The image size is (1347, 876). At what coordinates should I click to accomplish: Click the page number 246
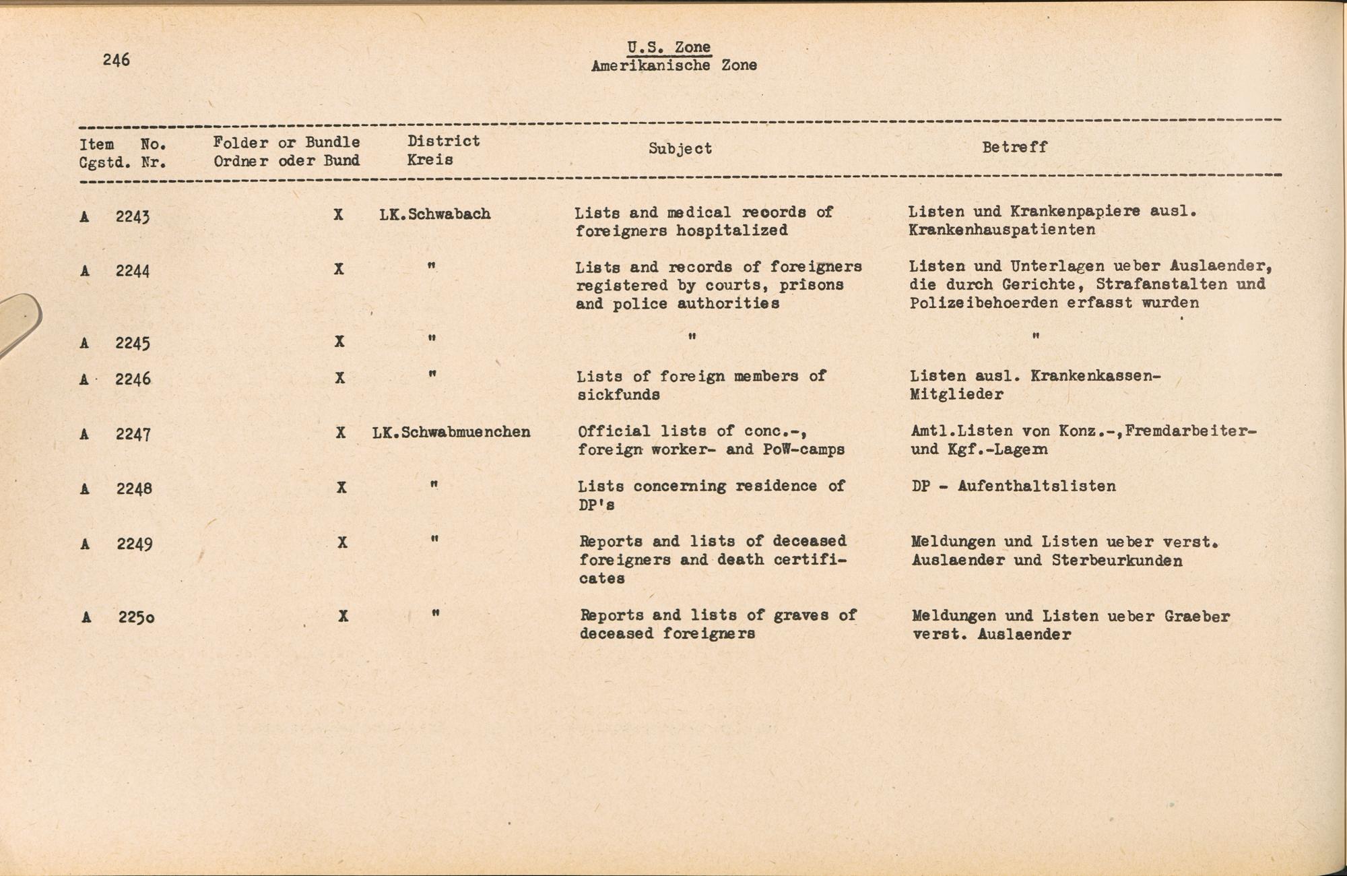(116, 60)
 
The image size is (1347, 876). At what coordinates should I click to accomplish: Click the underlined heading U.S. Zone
(669, 47)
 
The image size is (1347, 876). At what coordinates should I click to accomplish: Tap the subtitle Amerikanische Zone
(673, 65)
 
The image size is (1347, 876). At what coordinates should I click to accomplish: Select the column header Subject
(680, 148)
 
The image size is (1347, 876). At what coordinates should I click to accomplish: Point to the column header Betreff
(1014, 147)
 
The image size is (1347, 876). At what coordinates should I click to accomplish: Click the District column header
(443, 142)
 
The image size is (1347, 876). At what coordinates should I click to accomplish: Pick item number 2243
(132, 216)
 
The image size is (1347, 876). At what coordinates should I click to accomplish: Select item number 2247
(133, 434)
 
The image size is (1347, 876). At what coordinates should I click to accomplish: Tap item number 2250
(136, 617)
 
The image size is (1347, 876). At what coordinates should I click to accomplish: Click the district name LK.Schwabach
(434, 214)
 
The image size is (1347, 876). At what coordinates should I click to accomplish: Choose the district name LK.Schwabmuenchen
(451, 432)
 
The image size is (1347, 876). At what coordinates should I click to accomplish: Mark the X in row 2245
(339, 342)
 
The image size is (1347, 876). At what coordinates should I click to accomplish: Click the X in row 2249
(342, 542)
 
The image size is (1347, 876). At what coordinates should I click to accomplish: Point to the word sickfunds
(618, 395)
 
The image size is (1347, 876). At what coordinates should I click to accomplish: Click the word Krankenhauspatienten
(1001, 230)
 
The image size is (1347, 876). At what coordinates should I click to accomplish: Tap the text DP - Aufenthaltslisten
(1014, 486)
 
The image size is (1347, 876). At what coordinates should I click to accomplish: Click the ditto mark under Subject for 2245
(692, 336)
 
